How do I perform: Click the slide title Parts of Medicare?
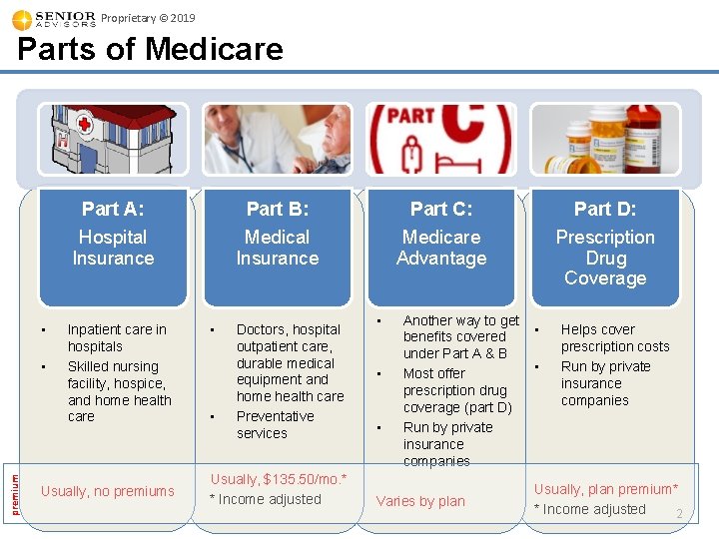(x=150, y=49)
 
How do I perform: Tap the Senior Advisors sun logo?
(x=21, y=20)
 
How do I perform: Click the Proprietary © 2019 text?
(x=149, y=18)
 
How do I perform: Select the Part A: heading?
(x=113, y=209)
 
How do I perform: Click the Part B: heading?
(x=278, y=209)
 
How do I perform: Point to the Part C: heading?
(x=441, y=209)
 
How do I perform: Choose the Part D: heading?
(x=605, y=209)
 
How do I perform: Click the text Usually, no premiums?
(x=107, y=491)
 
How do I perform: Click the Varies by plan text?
(x=420, y=501)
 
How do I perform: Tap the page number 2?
(x=678, y=514)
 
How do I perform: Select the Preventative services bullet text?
(x=276, y=425)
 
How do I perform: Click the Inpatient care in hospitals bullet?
(x=116, y=338)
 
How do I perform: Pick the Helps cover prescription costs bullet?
(x=614, y=338)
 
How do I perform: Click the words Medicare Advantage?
(x=441, y=248)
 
